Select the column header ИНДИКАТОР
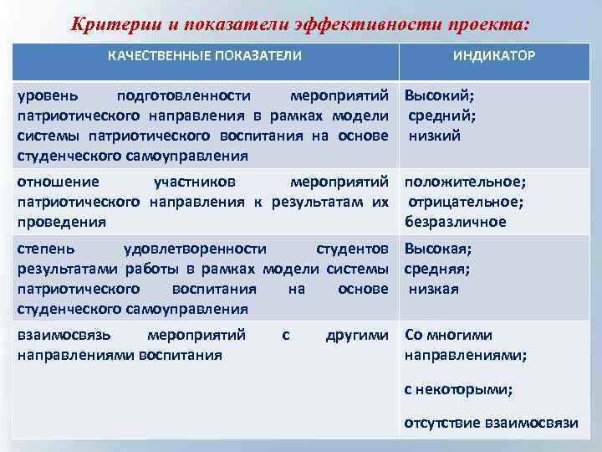click(494, 56)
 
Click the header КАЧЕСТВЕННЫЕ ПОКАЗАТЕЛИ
click(205, 56)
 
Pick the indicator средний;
click(442, 116)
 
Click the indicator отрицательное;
click(465, 202)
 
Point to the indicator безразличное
click(456, 222)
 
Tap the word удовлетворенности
click(195, 249)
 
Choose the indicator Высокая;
click(438, 249)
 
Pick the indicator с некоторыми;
click(458, 388)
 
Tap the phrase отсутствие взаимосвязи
click(491, 422)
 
